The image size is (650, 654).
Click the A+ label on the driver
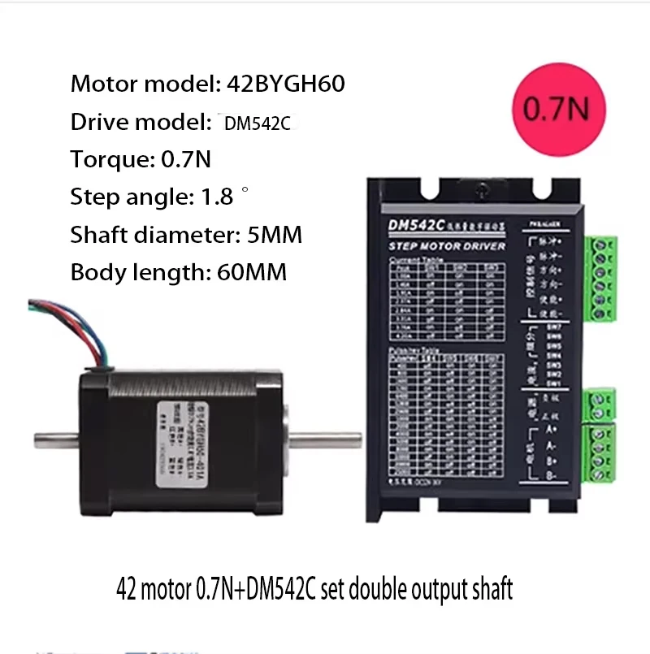coord(550,428)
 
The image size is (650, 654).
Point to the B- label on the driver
coord(550,479)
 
